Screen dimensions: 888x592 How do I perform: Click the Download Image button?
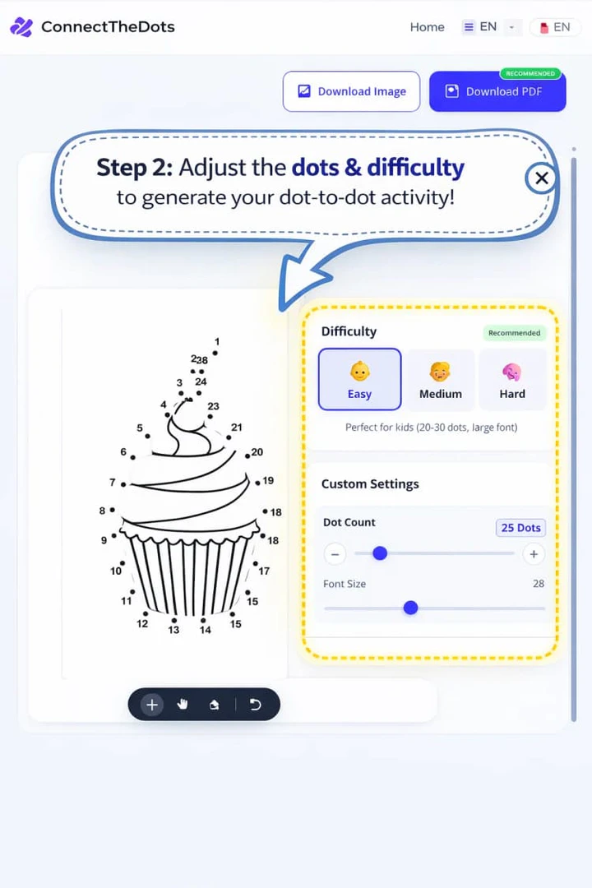pos(351,91)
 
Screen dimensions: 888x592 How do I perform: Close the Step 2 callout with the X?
pos(541,178)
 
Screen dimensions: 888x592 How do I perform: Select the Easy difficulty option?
pos(359,379)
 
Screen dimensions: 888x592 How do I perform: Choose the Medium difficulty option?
pos(440,379)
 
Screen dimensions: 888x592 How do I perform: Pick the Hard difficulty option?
pos(512,379)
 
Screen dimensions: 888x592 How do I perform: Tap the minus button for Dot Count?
pos(335,553)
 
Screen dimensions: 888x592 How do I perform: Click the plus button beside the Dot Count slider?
pos(534,553)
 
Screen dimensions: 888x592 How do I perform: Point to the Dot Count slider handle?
pos(380,553)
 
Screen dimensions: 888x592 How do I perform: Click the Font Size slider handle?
pos(410,608)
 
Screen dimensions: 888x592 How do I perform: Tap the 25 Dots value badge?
pos(521,528)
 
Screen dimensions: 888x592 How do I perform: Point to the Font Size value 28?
pos(539,584)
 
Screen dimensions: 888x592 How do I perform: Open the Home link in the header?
pos(427,27)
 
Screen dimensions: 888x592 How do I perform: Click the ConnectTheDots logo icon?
pos(21,27)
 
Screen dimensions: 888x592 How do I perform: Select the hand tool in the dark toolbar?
pos(183,705)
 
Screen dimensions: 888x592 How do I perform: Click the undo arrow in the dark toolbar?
pos(255,705)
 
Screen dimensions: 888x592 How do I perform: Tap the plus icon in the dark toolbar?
pos(152,705)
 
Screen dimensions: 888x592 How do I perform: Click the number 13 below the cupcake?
pos(173,630)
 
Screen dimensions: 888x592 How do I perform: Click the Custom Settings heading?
pos(370,484)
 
